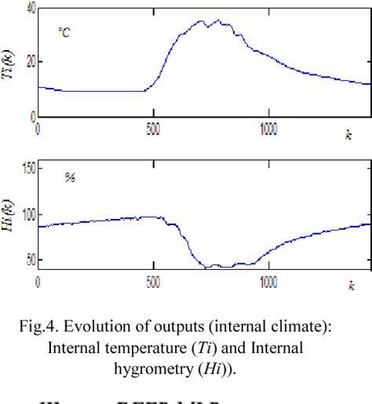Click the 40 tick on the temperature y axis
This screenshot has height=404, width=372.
pyautogui.click(x=29, y=6)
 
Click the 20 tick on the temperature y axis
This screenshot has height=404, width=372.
pyautogui.click(x=29, y=61)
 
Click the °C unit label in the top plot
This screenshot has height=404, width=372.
pyautogui.click(x=64, y=32)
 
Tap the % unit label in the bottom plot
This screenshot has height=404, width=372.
pyautogui.click(x=69, y=180)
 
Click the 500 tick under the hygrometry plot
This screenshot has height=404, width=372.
pyautogui.click(x=153, y=279)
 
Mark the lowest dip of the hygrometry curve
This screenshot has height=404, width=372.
pyautogui.click(x=207, y=268)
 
